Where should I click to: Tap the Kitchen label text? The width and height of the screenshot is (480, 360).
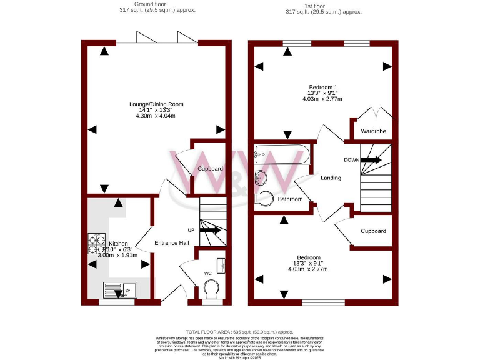(x=118, y=244)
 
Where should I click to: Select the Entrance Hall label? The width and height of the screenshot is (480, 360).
(x=172, y=243)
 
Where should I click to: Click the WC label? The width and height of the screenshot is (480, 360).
(x=207, y=272)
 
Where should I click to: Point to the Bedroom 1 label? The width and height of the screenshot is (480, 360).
(x=323, y=87)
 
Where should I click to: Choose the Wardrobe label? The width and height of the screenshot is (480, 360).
(x=374, y=131)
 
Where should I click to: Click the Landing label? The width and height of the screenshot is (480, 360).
(x=331, y=178)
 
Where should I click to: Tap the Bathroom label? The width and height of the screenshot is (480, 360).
(x=290, y=199)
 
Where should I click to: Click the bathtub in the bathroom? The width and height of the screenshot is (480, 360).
(x=281, y=154)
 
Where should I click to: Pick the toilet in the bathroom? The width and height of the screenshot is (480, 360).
(x=265, y=197)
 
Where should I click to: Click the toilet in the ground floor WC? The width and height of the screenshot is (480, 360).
(x=212, y=289)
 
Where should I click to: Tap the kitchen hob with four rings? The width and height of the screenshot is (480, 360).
(x=97, y=244)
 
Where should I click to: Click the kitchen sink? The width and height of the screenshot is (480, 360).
(x=121, y=290)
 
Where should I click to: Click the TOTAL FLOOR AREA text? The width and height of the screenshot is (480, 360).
(x=239, y=332)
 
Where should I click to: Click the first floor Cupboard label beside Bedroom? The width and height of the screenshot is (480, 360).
(x=373, y=231)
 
